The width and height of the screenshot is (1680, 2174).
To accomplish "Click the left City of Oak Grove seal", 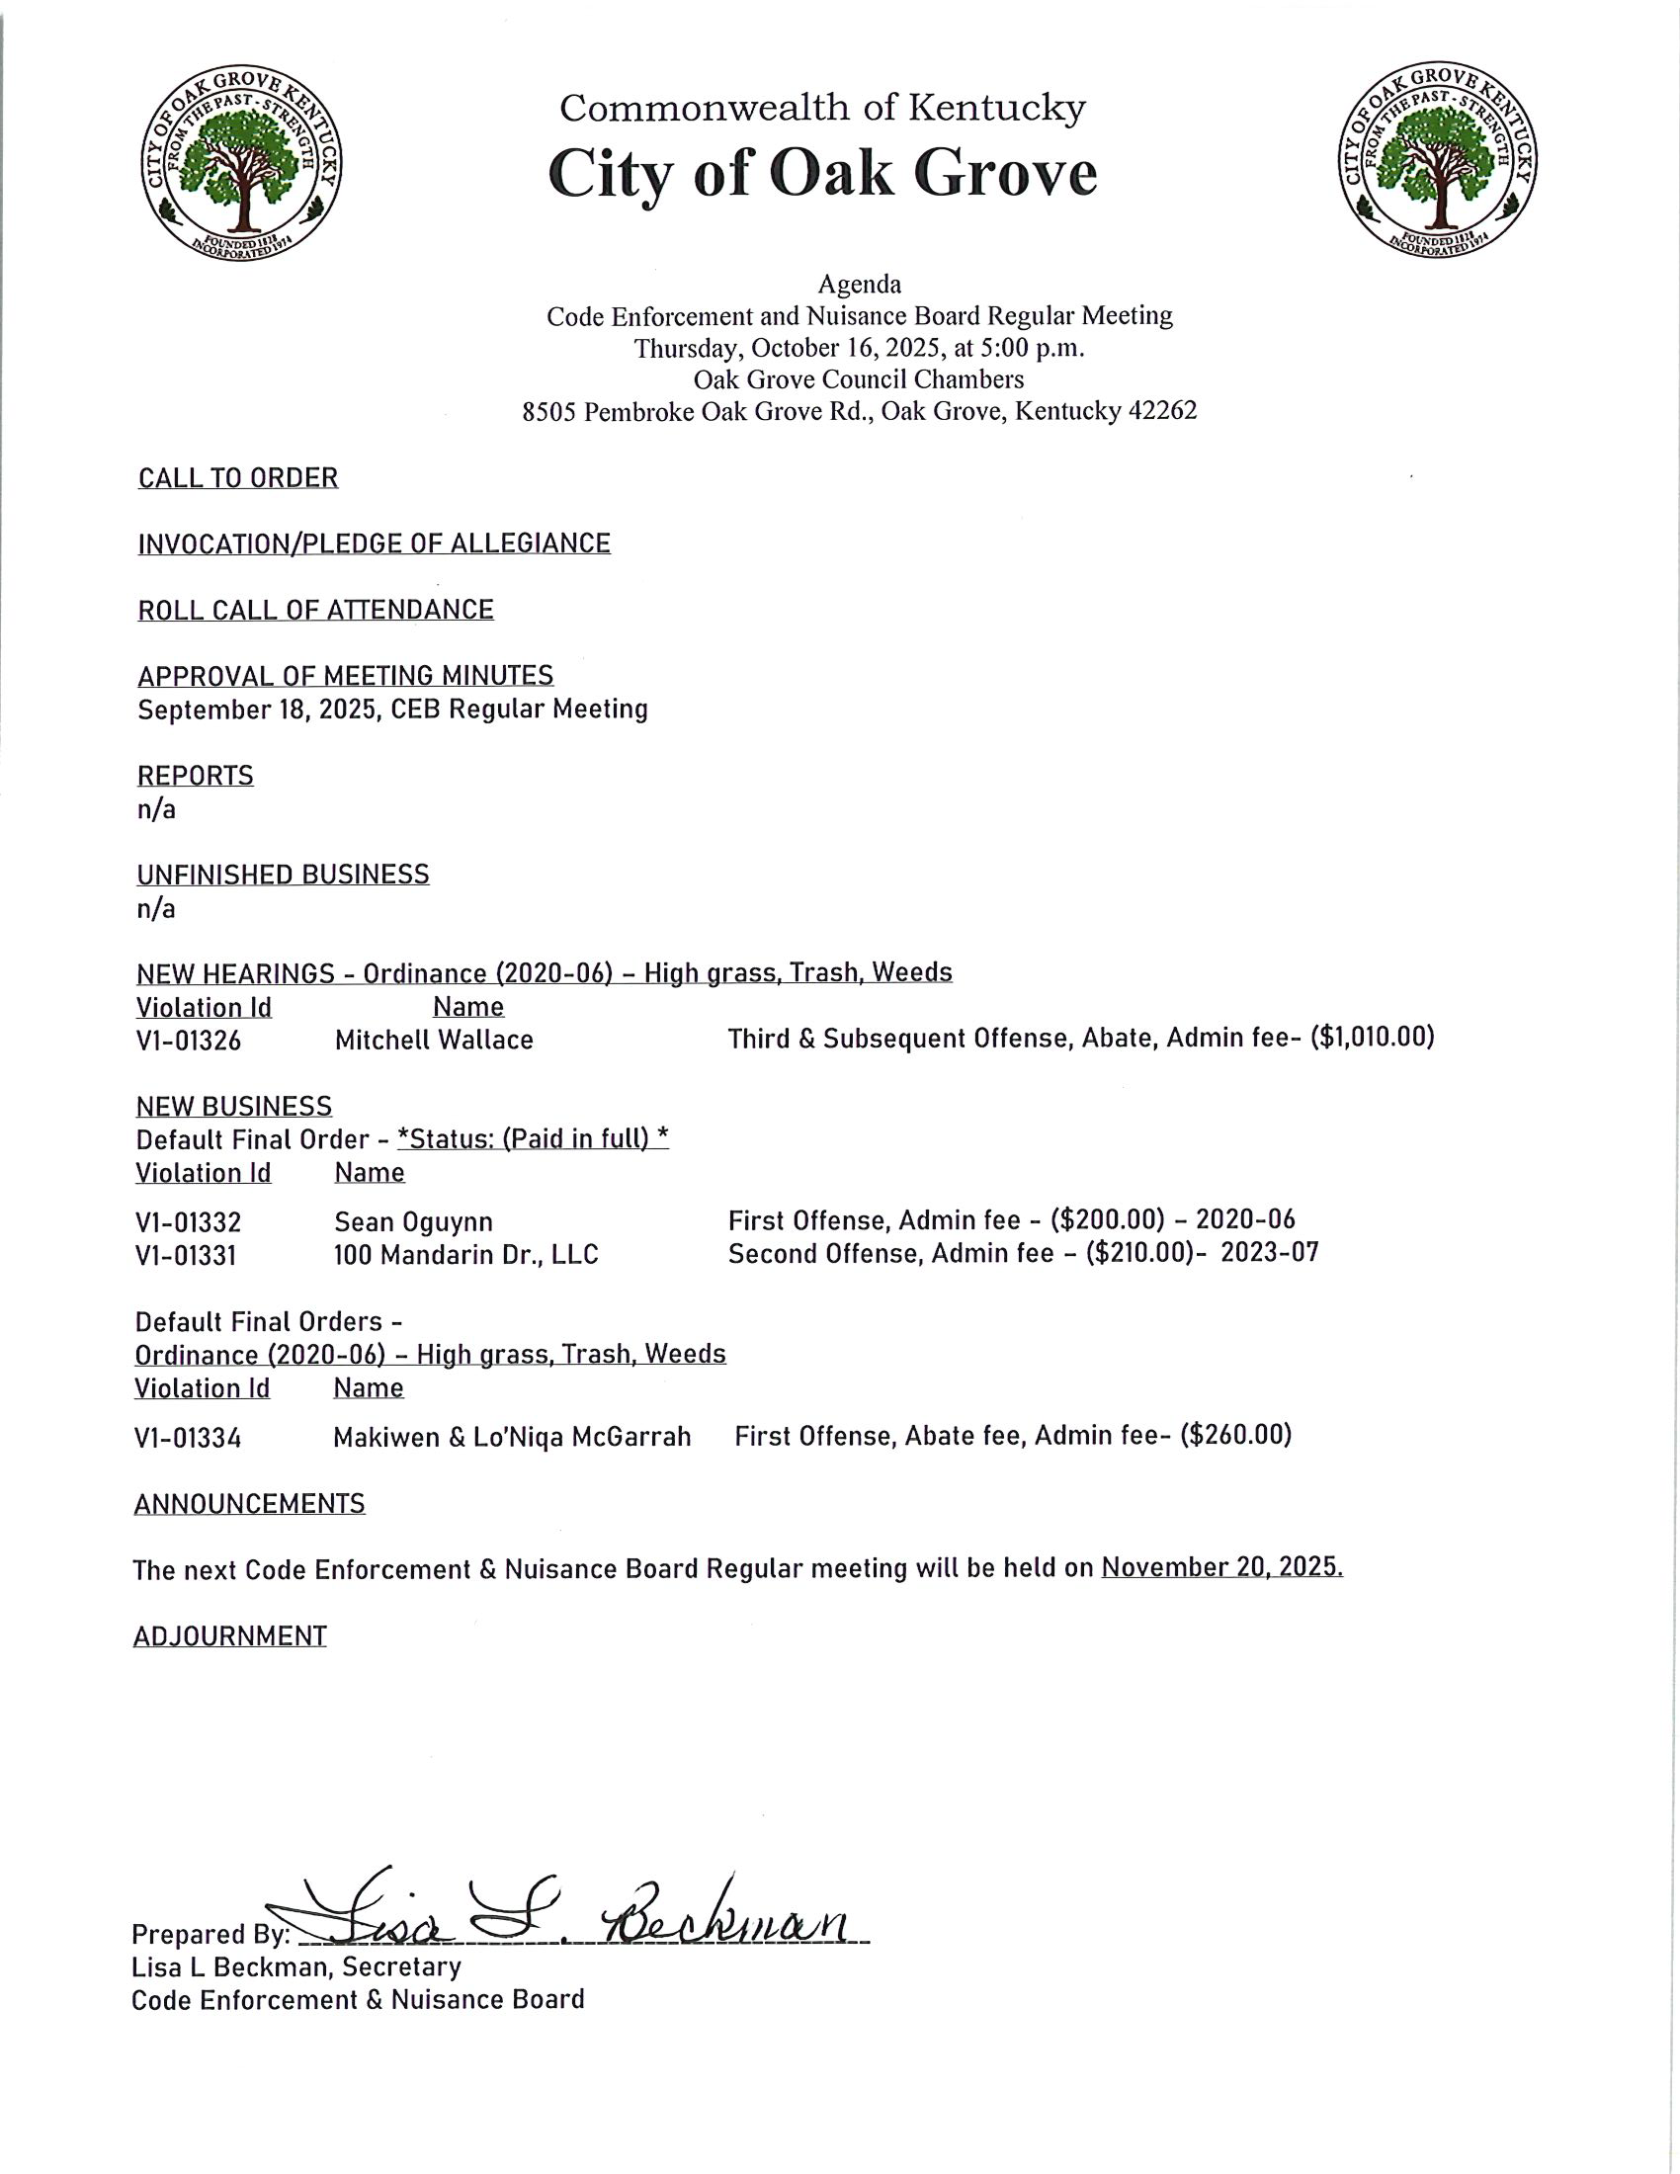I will click(242, 165).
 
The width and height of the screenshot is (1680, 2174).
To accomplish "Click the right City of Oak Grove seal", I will click(1437, 165).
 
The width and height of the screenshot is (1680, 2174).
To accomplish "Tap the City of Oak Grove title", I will click(822, 173).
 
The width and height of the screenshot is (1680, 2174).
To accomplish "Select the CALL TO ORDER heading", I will click(238, 479).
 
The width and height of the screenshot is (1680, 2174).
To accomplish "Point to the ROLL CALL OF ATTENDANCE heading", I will click(315, 610).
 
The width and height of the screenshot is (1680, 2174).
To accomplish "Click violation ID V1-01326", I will click(188, 1041).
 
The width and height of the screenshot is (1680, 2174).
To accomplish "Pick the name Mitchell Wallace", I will click(434, 1041).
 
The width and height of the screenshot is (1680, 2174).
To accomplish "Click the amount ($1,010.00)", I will click(1373, 1039).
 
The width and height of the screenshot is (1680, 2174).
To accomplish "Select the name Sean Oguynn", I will click(413, 1222).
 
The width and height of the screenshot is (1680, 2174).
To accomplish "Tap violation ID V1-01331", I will click(186, 1255).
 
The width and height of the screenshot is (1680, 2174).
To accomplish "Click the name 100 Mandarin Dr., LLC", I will click(465, 1255).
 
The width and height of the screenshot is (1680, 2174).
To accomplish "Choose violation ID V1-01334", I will click(188, 1439).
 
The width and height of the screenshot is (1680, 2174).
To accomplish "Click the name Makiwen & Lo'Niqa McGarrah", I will click(512, 1438).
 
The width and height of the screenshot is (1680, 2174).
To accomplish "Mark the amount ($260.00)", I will click(1235, 1436).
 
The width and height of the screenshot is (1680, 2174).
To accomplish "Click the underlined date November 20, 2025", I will click(1222, 1568).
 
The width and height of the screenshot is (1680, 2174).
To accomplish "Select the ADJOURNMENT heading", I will click(230, 1636).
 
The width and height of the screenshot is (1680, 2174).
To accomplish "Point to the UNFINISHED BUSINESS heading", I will click(283, 875).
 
